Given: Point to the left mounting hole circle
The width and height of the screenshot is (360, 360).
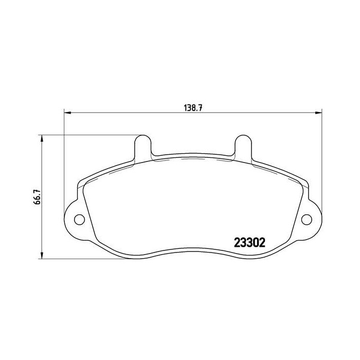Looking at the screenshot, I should point(80,220).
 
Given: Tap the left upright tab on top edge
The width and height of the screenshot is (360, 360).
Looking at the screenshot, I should point(142,147).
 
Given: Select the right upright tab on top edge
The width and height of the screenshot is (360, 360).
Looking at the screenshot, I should point(243,147).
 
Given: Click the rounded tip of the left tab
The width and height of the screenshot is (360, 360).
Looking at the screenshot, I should point(142,137).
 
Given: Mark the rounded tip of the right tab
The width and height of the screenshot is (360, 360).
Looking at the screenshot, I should point(243,137).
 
